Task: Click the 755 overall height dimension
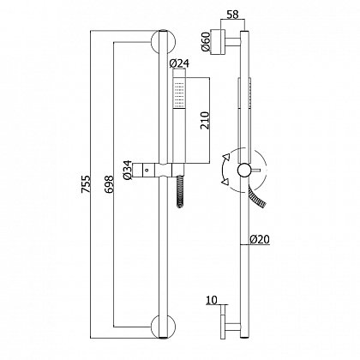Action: coord(87,184)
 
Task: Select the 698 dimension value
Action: coord(109,184)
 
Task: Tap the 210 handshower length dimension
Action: coord(205,120)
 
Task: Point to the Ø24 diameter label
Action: coord(179,63)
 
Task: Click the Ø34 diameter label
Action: coord(128,170)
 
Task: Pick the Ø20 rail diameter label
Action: coord(260,239)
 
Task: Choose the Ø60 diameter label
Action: coord(206,42)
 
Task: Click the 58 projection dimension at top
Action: coord(232,15)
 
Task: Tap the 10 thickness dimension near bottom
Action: coord(212,300)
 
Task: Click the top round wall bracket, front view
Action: coord(163,42)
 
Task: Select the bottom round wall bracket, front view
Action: coord(163,327)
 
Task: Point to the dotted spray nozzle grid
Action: coord(179,93)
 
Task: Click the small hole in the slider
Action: coord(147,170)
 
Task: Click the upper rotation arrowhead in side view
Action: coord(227,157)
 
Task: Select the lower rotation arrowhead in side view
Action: coord(225,182)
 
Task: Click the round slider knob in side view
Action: coord(244,171)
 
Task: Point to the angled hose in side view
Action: coord(256,196)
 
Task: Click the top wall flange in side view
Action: coord(218,42)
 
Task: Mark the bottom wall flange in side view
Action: coord(224,321)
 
